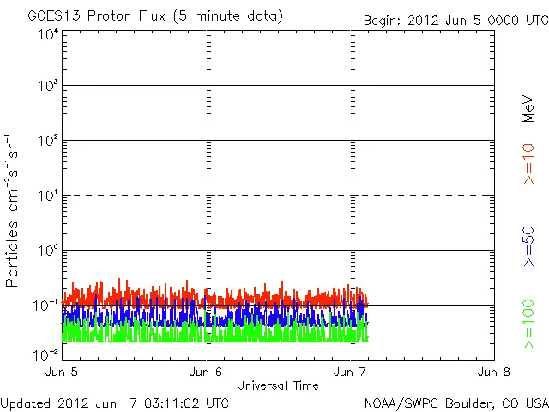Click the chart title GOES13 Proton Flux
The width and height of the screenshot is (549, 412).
pos(155,15)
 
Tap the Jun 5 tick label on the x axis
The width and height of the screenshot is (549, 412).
pos(61,372)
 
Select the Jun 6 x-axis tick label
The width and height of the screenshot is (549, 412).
pos(206,372)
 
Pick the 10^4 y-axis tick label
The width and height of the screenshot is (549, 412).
pos(48,34)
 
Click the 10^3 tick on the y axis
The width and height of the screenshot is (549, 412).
pos(48,87)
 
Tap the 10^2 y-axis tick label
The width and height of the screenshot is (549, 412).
pos(48,141)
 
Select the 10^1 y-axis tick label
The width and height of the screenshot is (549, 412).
pos(48,196)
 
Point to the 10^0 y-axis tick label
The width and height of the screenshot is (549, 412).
pos(48,251)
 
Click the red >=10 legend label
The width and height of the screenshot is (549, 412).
pos(529,163)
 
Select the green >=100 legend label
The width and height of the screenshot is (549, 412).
pos(529,324)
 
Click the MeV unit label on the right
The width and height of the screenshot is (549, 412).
pos(529,109)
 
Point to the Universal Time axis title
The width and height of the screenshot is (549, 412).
pos(278,385)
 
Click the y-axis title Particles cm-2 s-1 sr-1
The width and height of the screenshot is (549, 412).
pos(13,210)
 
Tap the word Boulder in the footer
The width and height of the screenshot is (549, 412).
pos(462,402)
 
